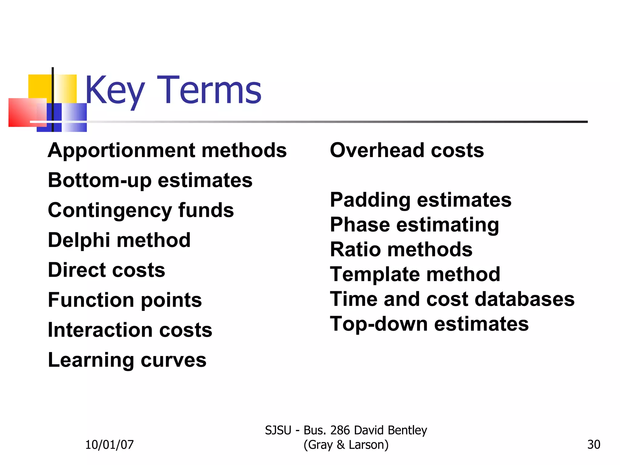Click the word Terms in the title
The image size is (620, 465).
pyautogui.click(x=209, y=90)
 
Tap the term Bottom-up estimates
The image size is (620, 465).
pyautogui.click(x=150, y=180)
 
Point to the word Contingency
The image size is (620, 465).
pyautogui.click(x=109, y=210)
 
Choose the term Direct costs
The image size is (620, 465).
pyautogui.click(x=107, y=270)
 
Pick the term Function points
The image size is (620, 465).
pyautogui.click(x=125, y=300)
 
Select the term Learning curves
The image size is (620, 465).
pyautogui.click(x=127, y=360)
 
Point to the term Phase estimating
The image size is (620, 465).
pyautogui.click(x=414, y=225)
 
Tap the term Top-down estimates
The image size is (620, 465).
pyautogui.click(x=429, y=324)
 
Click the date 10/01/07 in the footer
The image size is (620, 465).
pyautogui.click(x=109, y=444)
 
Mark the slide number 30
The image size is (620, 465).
pyautogui.click(x=594, y=444)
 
